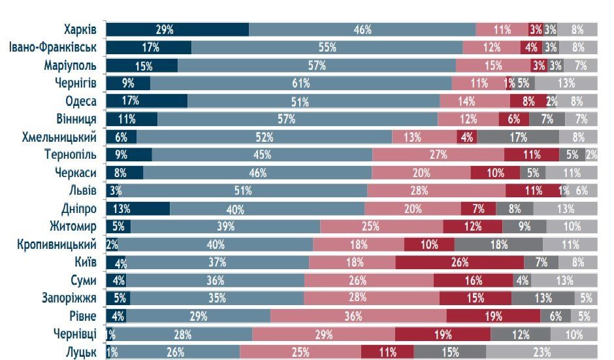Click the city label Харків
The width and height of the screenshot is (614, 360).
tap(80, 29)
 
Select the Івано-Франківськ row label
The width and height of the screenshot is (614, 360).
tap(53, 47)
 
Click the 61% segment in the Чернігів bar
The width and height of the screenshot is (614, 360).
tap(300, 83)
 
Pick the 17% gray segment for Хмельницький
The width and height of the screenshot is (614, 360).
tap(518, 137)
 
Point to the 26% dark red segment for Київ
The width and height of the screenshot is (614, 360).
tap(459, 263)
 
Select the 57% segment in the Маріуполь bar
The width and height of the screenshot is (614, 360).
tap(317, 65)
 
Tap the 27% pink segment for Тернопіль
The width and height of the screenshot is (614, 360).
tap(438, 155)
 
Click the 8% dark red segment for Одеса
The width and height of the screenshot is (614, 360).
tap(528, 101)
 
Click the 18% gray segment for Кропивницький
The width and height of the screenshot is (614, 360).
tap(498, 245)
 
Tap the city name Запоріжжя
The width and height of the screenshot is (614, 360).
tap(69, 298)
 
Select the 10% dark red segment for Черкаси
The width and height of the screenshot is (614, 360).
tap(495, 173)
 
